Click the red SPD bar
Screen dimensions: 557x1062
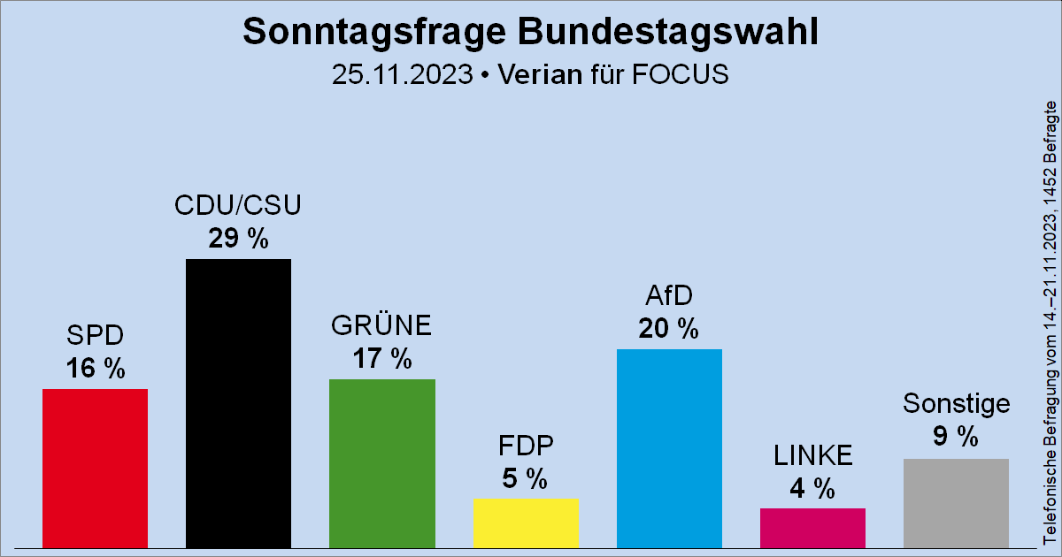click(x=95, y=468)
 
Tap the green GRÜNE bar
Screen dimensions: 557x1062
click(x=381, y=463)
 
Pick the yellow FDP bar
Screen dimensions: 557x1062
click(x=526, y=523)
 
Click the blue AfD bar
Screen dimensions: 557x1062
click(x=669, y=448)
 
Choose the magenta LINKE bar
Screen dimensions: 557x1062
click(x=812, y=528)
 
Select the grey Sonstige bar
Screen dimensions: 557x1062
click(x=956, y=503)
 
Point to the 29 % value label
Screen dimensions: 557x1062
click(x=238, y=238)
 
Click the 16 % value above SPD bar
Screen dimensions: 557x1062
click(x=95, y=369)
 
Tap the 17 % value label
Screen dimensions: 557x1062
click(x=381, y=359)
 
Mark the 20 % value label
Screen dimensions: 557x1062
click(x=669, y=329)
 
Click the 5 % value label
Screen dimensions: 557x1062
click(x=526, y=478)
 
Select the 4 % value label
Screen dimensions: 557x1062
click(x=812, y=488)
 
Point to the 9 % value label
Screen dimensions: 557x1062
click(x=956, y=436)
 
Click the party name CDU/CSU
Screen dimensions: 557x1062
click(x=238, y=206)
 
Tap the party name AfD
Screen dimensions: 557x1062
click(x=669, y=296)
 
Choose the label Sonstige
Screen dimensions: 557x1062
click(x=956, y=404)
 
